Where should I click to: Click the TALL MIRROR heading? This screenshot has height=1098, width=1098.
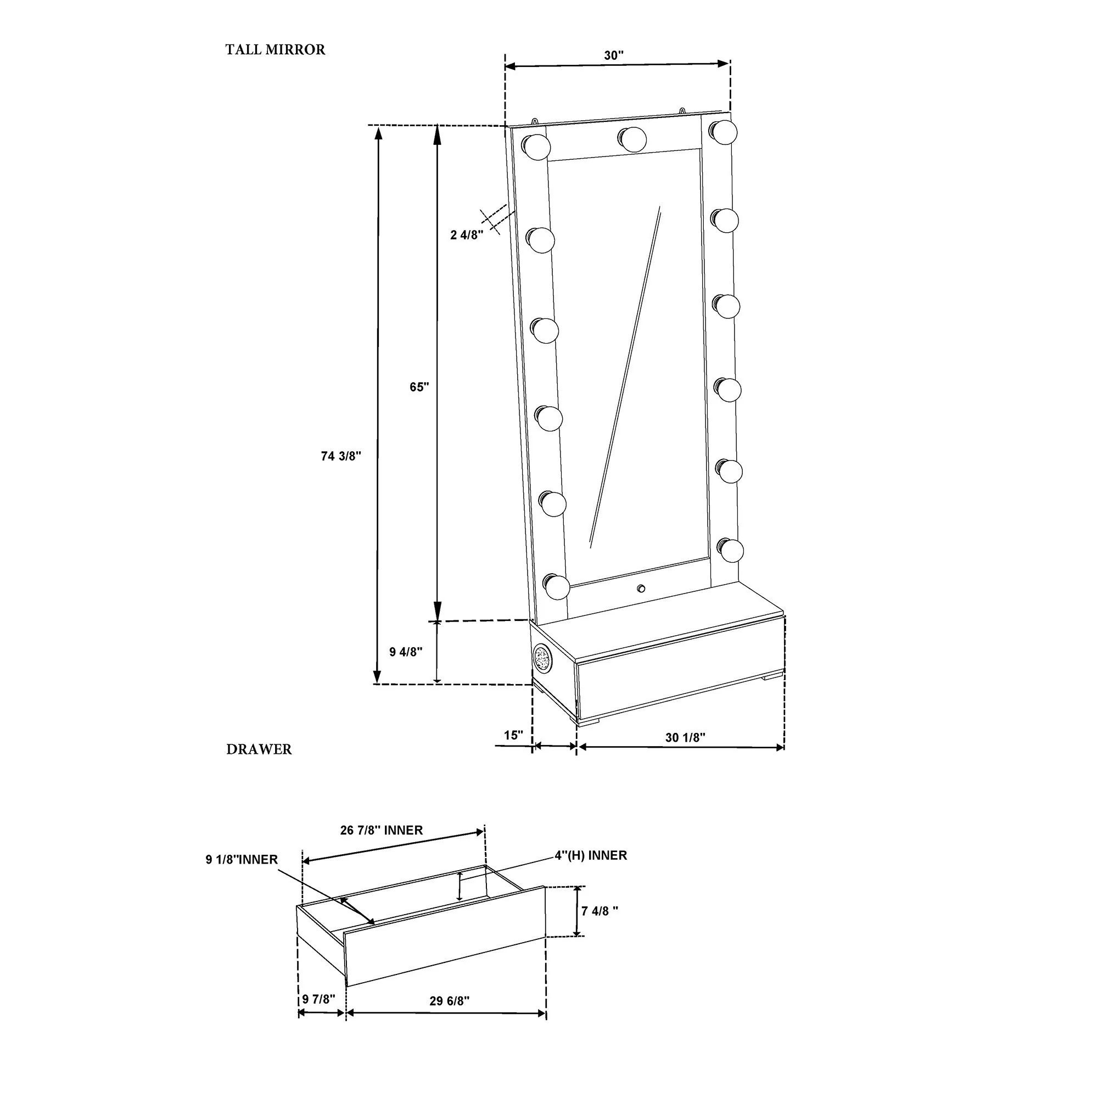[275, 50]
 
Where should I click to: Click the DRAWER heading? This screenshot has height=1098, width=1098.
[259, 749]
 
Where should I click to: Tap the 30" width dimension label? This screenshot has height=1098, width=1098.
[614, 55]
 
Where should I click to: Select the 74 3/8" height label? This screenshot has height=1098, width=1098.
[341, 456]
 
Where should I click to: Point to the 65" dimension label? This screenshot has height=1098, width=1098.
[419, 387]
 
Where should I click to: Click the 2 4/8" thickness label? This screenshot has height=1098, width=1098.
[467, 235]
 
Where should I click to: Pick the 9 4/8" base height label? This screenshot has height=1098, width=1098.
[406, 652]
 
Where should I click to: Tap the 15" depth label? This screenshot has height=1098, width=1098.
[513, 736]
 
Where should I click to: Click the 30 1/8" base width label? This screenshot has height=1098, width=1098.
[685, 738]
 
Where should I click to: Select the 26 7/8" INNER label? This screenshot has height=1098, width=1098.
[382, 830]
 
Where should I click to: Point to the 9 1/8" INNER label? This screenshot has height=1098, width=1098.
[242, 860]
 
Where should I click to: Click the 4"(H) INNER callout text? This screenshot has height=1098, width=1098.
[591, 855]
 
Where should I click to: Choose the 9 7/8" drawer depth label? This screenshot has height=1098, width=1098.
[319, 999]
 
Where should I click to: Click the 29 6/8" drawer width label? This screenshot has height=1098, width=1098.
[450, 1001]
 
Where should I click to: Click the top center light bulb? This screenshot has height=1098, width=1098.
[632, 139]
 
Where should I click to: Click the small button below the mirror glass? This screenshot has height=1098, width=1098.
[641, 588]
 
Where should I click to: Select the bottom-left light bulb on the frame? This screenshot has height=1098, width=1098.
[556, 586]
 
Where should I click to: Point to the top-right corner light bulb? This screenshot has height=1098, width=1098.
[724, 132]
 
